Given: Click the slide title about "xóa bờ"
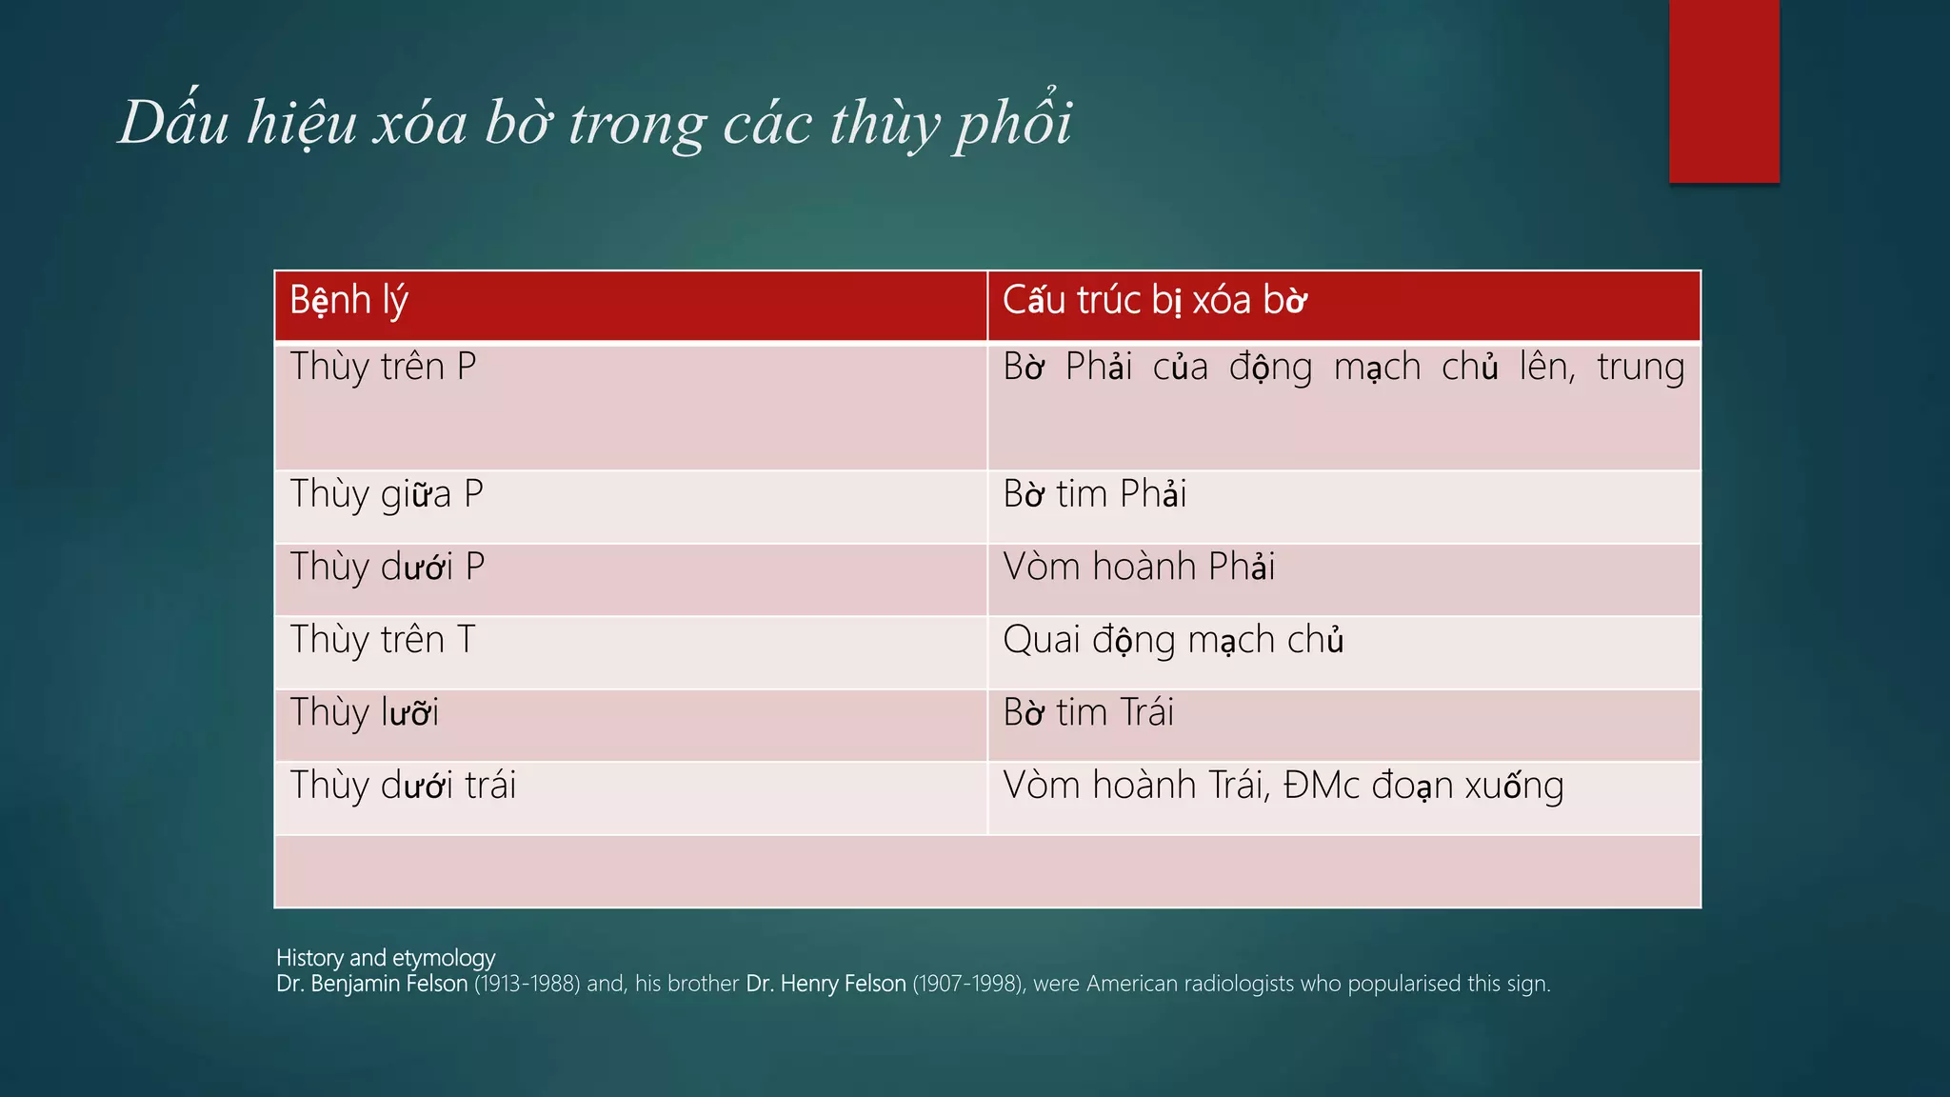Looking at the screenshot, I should [595, 123].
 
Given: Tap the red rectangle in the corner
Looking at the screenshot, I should [1723, 91].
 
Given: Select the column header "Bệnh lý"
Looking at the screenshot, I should [348, 301].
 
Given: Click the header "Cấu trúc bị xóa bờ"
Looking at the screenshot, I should [1154, 301].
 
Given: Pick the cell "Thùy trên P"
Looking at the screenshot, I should [383, 368].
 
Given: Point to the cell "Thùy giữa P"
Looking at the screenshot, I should [387, 495].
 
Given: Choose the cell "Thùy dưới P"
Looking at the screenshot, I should [388, 568].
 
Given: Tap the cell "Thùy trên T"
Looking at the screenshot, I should [383, 640].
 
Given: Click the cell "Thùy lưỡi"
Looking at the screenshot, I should [365, 712].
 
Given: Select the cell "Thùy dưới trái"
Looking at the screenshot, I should [403, 786].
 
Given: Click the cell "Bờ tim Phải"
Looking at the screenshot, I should [1095, 495].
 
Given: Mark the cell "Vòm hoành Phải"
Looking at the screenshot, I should [1139, 568].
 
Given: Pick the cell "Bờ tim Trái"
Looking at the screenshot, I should [1088, 712].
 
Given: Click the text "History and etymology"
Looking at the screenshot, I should [386, 958].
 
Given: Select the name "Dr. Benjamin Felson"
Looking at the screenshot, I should [371, 984].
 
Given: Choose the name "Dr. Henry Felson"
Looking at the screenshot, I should [826, 984].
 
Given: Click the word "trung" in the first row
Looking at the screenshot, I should [1641, 368].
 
